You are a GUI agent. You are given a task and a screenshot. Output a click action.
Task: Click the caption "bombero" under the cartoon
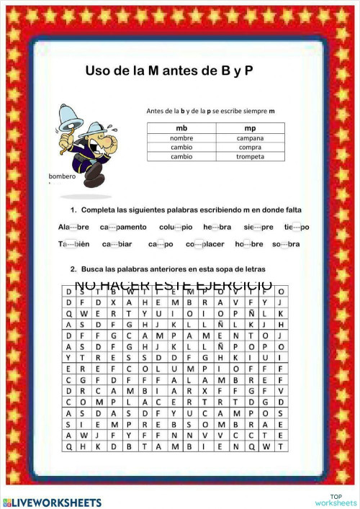pos(61,176)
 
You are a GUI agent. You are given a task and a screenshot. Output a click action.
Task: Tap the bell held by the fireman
pos(72,113)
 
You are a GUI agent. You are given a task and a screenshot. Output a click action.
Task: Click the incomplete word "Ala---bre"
pos(73,227)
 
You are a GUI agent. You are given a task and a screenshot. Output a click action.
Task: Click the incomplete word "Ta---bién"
pos(73,244)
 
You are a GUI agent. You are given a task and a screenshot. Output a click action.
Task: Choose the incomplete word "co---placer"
pos(205,244)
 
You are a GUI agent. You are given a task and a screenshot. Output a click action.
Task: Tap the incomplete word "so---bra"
pos(286,244)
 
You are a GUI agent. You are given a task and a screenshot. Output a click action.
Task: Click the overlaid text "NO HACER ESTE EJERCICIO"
pos(173,286)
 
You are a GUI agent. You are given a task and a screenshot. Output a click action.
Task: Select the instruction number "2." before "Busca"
pos(74,269)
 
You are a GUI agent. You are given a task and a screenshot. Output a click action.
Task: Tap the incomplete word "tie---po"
pos(296,227)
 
